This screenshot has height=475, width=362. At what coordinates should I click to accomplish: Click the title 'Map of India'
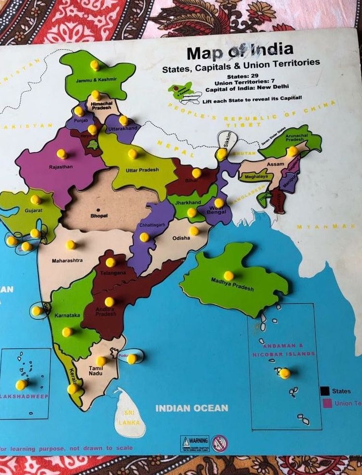click(x=240, y=50)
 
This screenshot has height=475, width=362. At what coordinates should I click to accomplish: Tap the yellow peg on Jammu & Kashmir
click(x=95, y=65)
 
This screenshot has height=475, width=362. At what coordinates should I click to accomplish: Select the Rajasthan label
click(x=60, y=167)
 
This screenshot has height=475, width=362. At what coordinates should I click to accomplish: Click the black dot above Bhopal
click(x=98, y=210)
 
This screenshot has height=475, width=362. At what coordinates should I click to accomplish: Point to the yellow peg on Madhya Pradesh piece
click(x=229, y=276)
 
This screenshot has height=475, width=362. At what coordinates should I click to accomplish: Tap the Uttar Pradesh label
click(x=142, y=171)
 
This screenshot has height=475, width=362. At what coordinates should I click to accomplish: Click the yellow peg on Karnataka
click(x=67, y=331)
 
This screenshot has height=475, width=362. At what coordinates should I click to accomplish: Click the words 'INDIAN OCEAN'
click(x=192, y=408)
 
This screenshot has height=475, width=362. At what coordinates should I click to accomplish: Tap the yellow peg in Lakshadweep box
click(x=21, y=385)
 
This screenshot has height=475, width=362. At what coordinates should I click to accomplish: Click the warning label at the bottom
click(x=195, y=443)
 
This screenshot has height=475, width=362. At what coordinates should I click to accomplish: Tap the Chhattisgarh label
click(x=152, y=225)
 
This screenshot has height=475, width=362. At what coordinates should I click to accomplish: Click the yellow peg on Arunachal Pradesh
click(x=292, y=151)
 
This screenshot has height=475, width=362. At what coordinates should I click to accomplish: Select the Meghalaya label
click(x=256, y=177)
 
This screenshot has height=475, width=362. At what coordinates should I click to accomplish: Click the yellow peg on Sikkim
click(x=221, y=154)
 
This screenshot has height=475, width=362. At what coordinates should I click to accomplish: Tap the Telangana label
click(x=113, y=273)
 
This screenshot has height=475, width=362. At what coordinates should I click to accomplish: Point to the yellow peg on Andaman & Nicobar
click(x=285, y=373)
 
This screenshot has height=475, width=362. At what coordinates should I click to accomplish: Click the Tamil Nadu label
click(x=96, y=370)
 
